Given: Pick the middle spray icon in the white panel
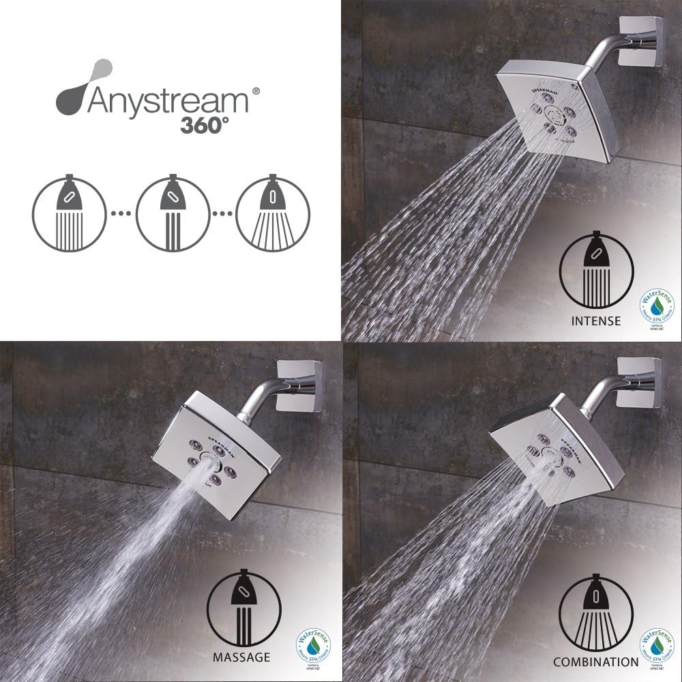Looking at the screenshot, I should tap(170, 212).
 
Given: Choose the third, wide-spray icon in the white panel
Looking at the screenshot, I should tap(271, 212).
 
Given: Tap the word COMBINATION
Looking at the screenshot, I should tap(595, 662).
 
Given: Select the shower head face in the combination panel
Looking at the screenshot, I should tap(550, 457).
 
